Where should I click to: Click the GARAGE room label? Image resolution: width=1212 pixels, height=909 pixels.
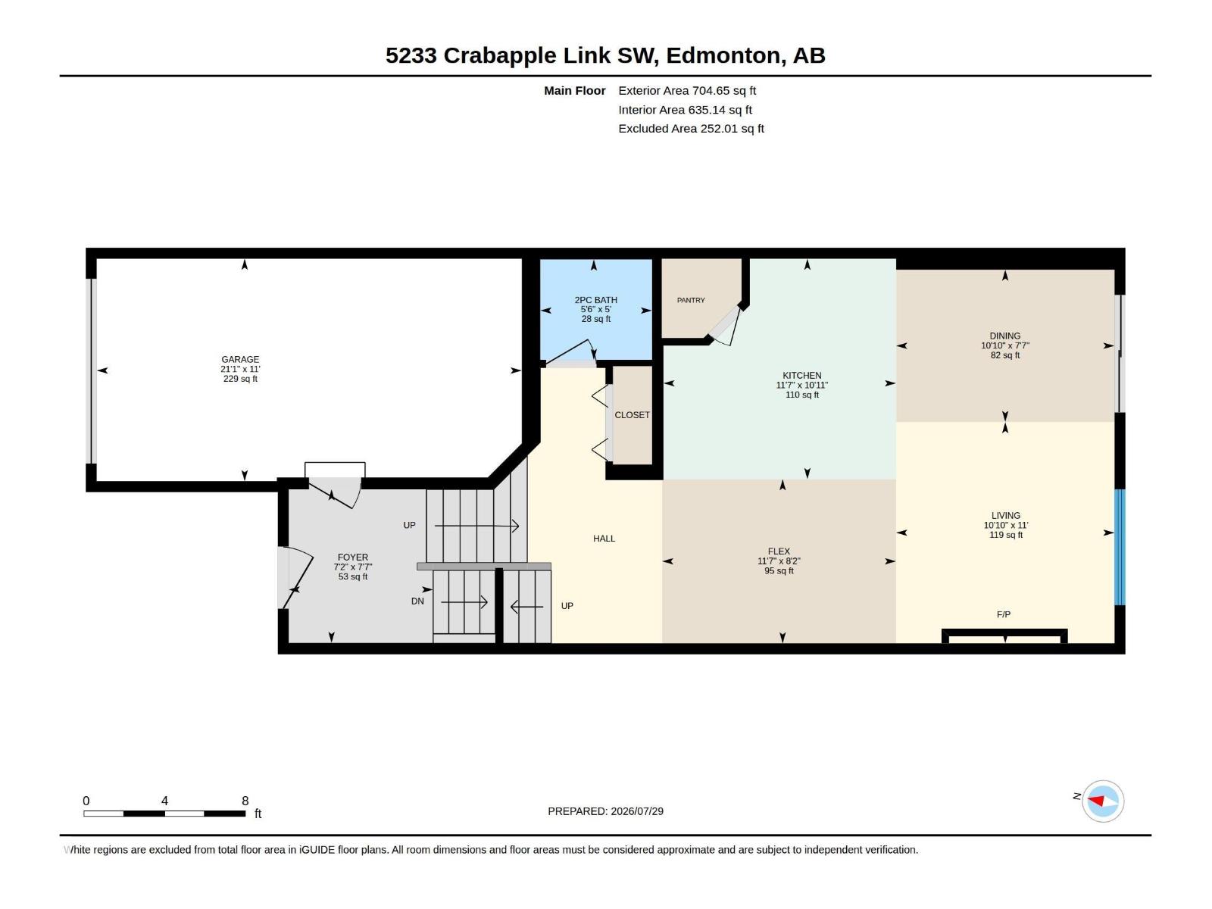(240, 359)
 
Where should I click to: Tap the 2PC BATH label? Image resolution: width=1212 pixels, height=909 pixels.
(596, 300)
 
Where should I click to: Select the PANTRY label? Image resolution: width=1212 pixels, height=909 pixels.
(691, 300)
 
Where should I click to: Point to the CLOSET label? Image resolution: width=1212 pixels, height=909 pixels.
(633, 415)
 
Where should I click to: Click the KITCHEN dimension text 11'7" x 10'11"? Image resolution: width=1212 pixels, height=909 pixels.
(801, 386)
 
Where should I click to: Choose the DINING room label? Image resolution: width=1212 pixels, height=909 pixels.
(1005, 336)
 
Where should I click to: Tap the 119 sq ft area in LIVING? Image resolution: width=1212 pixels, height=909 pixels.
(1005, 535)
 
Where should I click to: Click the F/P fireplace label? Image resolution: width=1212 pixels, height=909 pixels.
(1003, 614)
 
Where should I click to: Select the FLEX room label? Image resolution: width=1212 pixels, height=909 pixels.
(779, 551)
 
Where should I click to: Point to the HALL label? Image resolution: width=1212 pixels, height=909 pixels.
(604, 539)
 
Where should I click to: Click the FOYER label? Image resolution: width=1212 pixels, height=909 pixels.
(353, 558)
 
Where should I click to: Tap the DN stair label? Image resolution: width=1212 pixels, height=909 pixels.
(417, 601)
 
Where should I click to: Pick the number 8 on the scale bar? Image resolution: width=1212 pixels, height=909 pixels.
(245, 801)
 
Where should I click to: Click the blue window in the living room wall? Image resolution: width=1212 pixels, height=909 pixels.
(1120, 548)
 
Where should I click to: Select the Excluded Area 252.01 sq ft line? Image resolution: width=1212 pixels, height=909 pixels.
(691, 129)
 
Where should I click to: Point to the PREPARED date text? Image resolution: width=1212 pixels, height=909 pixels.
(606, 811)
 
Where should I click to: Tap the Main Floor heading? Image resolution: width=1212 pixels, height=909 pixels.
(575, 90)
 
